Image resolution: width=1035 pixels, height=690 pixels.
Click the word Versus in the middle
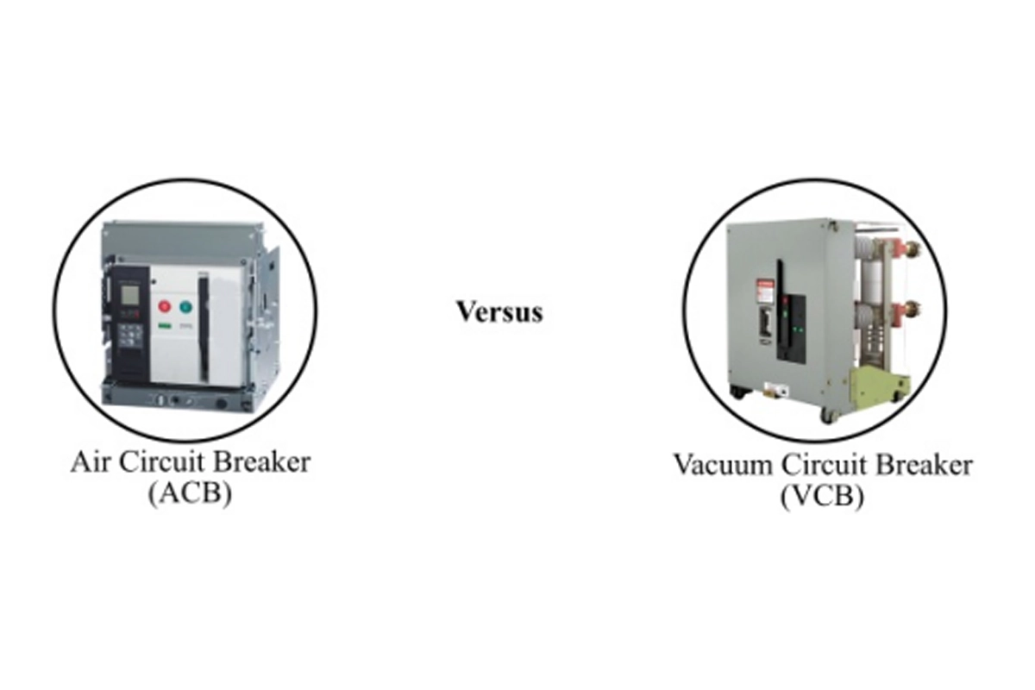[x=499, y=312]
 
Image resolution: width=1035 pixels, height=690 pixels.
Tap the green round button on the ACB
[x=185, y=306]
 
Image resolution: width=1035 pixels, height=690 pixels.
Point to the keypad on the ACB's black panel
[x=129, y=334]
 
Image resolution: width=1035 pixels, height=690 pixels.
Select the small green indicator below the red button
[x=165, y=326]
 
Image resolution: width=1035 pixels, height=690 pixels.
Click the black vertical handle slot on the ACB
[x=204, y=326]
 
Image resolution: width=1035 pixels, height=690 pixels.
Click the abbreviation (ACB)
[x=190, y=493]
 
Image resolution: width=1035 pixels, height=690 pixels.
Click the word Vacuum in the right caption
[x=722, y=465]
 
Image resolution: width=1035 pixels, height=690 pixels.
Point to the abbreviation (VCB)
[x=822, y=496]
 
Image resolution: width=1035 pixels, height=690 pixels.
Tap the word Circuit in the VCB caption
[x=824, y=465]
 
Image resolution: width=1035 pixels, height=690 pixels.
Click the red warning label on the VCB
[x=765, y=291]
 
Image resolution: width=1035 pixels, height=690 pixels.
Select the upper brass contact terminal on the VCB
[x=910, y=250]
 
